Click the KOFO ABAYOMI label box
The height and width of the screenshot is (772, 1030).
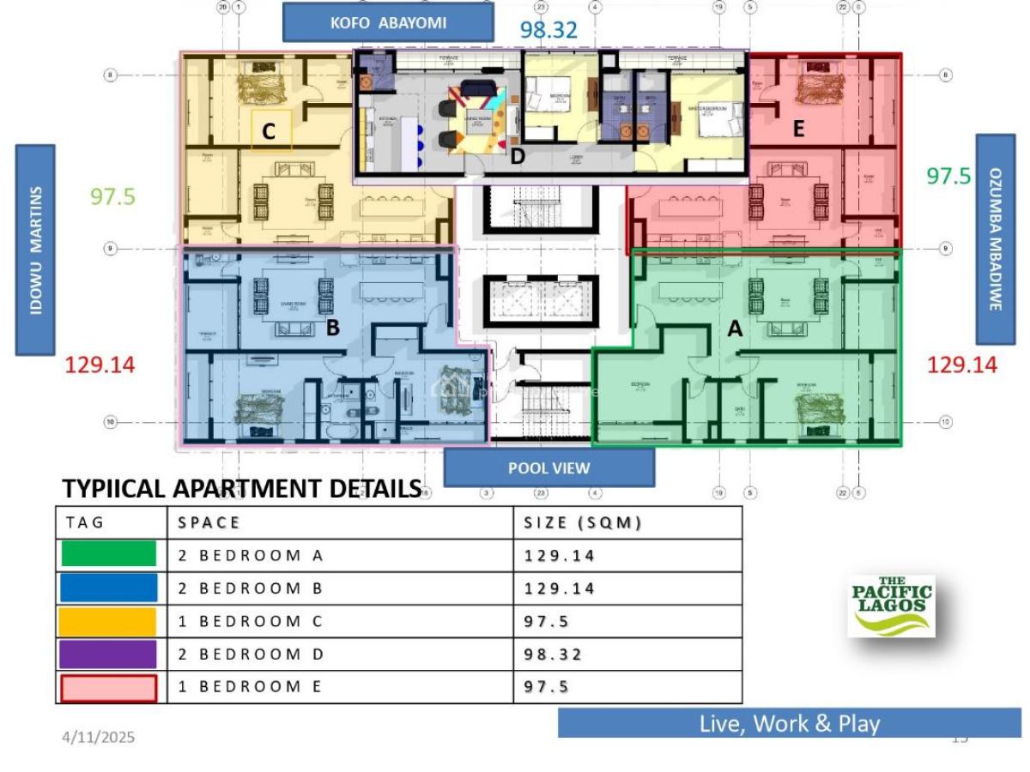click(x=388, y=23)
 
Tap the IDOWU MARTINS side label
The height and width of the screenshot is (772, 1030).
click(x=35, y=250)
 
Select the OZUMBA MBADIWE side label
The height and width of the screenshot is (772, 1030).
click(x=996, y=239)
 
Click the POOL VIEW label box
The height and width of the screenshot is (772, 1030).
click(x=548, y=467)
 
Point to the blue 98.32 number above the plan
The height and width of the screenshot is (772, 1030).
click(x=548, y=30)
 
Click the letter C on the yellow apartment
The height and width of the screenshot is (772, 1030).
click(x=269, y=132)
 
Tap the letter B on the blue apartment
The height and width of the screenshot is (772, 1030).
click(x=333, y=327)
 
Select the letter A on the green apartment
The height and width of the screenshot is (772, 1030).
click(x=735, y=328)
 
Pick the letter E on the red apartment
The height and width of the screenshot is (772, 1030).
click(x=798, y=130)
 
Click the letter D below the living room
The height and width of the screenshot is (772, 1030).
click(x=517, y=157)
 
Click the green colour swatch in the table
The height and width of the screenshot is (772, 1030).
click(x=109, y=554)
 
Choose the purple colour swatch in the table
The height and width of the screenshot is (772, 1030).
click(x=109, y=654)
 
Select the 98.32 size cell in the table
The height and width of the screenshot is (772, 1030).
click(x=554, y=654)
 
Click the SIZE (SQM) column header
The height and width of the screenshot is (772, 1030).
click(x=583, y=522)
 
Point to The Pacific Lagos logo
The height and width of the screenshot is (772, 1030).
click(x=891, y=606)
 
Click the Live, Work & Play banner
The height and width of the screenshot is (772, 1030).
click(x=790, y=723)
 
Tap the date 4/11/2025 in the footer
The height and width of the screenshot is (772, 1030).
click(x=98, y=737)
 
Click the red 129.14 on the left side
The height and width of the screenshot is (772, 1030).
click(x=100, y=365)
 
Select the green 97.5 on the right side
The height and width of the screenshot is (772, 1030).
click(x=948, y=176)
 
